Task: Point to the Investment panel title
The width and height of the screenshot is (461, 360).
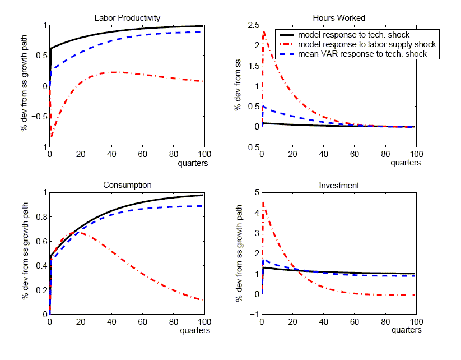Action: (338, 185)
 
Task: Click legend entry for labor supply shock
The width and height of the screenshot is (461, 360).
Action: (366, 44)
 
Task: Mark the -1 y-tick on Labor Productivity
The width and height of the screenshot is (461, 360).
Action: (42, 147)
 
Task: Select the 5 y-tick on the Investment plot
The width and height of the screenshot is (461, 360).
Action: (255, 192)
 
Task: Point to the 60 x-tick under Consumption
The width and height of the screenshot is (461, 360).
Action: (142, 322)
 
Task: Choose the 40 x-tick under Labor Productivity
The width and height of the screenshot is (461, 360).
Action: (111, 155)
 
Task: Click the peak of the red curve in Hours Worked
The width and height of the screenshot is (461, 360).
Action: (263, 32)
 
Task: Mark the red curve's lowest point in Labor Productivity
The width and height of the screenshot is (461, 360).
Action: (52, 136)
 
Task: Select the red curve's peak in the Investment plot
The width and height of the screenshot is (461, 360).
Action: (263, 202)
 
